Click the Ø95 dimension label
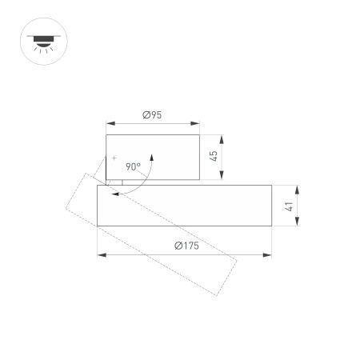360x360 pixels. click(153, 115)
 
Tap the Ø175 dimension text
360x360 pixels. click(186, 246)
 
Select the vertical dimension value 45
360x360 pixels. click(214, 156)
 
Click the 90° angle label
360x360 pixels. click(133, 167)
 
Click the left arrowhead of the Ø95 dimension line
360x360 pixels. click(109, 123)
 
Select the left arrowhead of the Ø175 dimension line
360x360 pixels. click(100, 254)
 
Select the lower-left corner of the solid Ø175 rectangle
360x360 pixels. click(98, 226)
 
